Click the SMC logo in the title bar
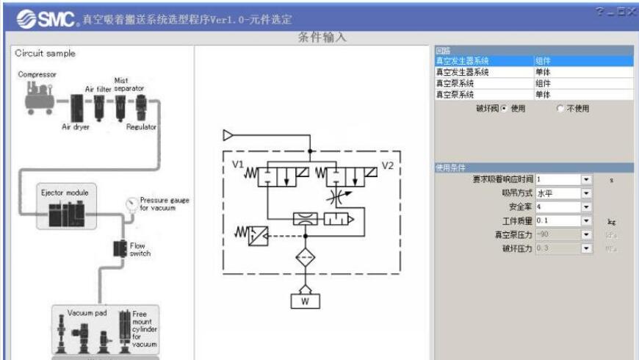click(x=37, y=17)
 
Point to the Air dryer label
click(x=76, y=126)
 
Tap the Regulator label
click(x=141, y=126)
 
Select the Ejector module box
click(x=65, y=207)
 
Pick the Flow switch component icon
click(x=118, y=249)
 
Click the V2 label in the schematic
click(x=388, y=165)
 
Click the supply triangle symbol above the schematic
click(x=228, y=134)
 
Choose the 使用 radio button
click(x=505, y=109)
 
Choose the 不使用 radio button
click(x=560, y=109)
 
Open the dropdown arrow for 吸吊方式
click(x=586, y=193)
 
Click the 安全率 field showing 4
click(x=558, y=206)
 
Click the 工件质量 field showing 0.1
click(x=558, y=220)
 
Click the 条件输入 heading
click(x=322, y=38)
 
